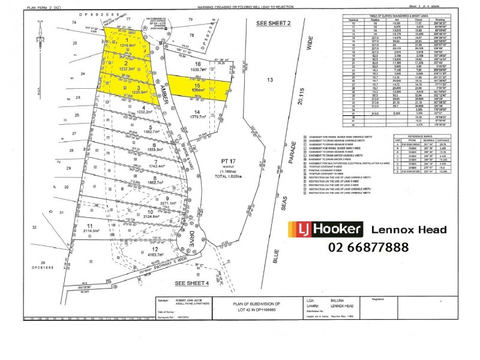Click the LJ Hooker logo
(x=326, y=229)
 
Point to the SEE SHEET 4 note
(x=190, y=283)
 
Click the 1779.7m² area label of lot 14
(x=196, y=118)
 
